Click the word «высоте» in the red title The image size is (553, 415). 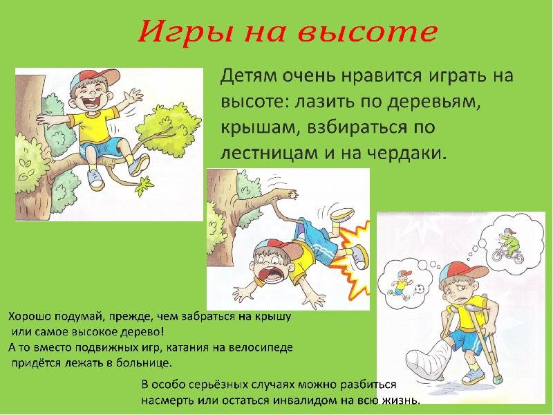[368, 33]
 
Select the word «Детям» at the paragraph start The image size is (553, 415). [248, 76]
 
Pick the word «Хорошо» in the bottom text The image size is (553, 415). [29, 317]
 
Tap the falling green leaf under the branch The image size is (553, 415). [144, 186]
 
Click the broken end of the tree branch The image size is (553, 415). [292, 195]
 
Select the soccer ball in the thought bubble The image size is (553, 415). [419, 290]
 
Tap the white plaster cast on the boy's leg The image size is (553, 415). [429, 359]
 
